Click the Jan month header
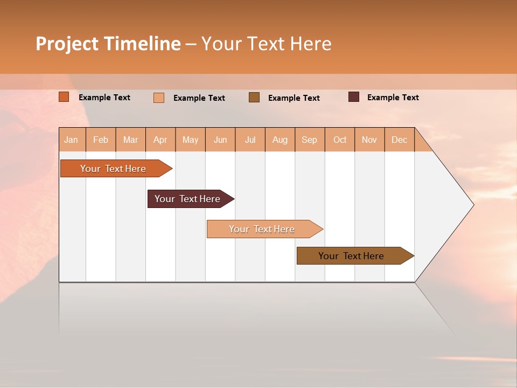[x=72, y=140]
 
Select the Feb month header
[x=101, y=140]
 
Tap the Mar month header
[x=130, y=140]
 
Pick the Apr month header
[x=160, y=140]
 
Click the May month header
[x=190, y=140]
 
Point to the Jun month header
[x=220, y=140]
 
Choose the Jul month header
[x=250, y=140]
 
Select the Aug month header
[x=280, y=140]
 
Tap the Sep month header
[x=310, y=140]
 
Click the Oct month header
[x=340, y=140]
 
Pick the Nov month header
[x=369, y=140]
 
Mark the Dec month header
[x=400, y=140]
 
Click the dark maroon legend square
[x=354, y=97]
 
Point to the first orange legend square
[x=64, y=97]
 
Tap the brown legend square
[x=254, y=97]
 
